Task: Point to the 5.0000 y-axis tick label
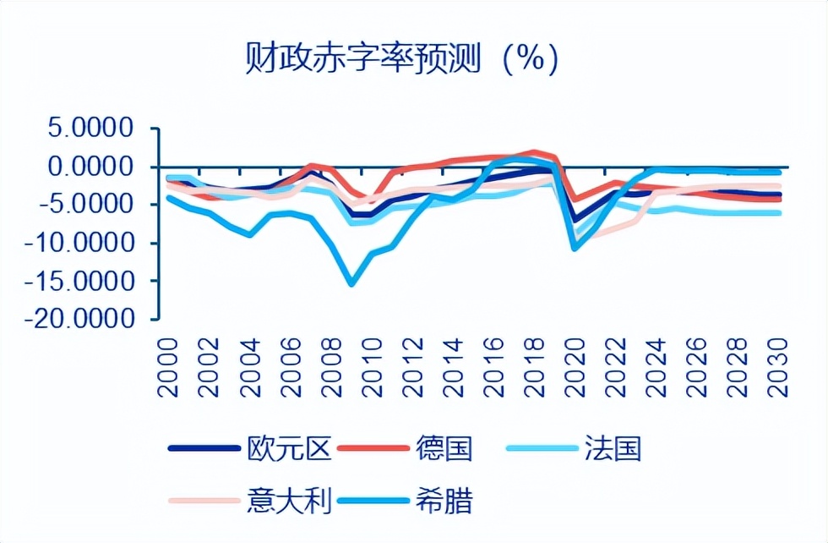coord(91,129)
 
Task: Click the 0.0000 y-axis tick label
coord(91,167)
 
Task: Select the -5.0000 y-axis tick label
coord(84,205)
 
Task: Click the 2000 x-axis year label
coord(167,368)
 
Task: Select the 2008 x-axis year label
coord(333,368)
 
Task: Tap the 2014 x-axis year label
coord(457,368)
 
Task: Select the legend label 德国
coord(444,448)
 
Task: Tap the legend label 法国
coord(613,448)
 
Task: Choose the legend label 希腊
coord(444,499)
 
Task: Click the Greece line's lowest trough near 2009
coord(351,283)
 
